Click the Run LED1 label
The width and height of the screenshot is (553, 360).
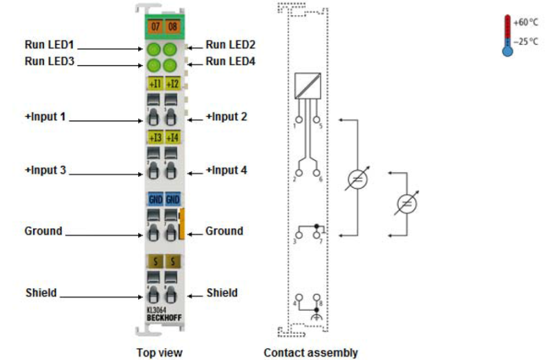(x=49, y=46)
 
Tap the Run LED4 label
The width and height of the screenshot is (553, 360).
(x=231, y=61)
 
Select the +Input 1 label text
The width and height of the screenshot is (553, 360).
(x=46, y=116)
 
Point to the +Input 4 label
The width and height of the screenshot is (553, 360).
(x=227, y=169)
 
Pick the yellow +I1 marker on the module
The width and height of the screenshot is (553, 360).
(x=155, y=84)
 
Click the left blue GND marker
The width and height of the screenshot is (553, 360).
(x=155, y=199)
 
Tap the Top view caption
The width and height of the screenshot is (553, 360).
(x=159, y=352)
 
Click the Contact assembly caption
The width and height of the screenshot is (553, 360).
(x=310, y=352)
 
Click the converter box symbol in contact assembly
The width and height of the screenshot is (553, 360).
(x=307, y=86)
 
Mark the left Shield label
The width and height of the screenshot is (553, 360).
(x=41, y=293)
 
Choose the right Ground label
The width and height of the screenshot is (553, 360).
(x=224, y=231)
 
